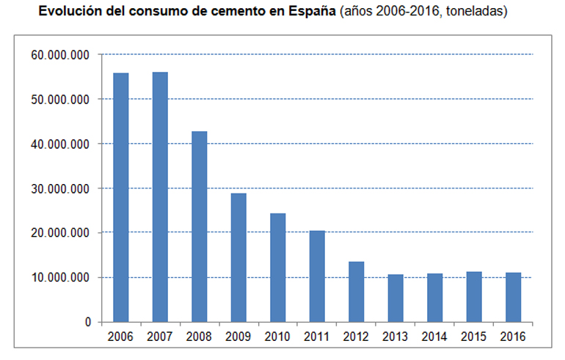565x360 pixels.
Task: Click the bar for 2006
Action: (x=121, y=198)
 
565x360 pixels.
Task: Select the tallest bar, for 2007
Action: (x=160, y=197)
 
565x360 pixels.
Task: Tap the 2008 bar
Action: (x=200, y=227)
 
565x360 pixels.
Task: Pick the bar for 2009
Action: (x=238, y=257)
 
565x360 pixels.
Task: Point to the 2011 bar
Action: (x=317, y=276)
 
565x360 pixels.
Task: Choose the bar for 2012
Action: (x=356, y=292)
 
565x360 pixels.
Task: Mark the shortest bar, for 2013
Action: (x=395, y=298)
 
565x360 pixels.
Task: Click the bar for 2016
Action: (x=513, y=298)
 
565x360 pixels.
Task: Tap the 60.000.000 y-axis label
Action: (x=61, y=55)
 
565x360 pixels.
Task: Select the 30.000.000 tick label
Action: (x=61, y=188)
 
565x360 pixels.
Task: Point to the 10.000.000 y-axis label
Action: (x=61, y=278)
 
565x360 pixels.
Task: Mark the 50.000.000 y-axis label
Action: (x=61, y=100)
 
